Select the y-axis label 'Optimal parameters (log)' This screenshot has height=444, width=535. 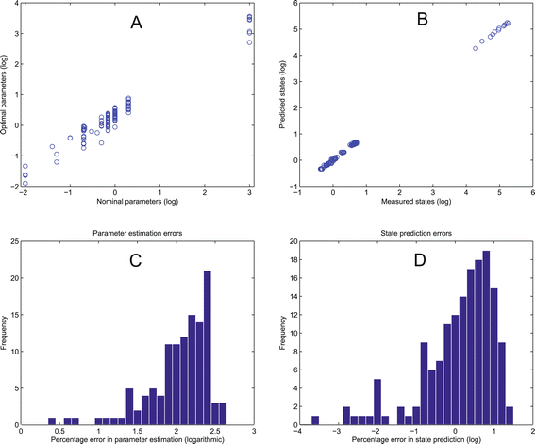coord(8,95)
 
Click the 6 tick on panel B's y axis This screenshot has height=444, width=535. coord(293,5)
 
